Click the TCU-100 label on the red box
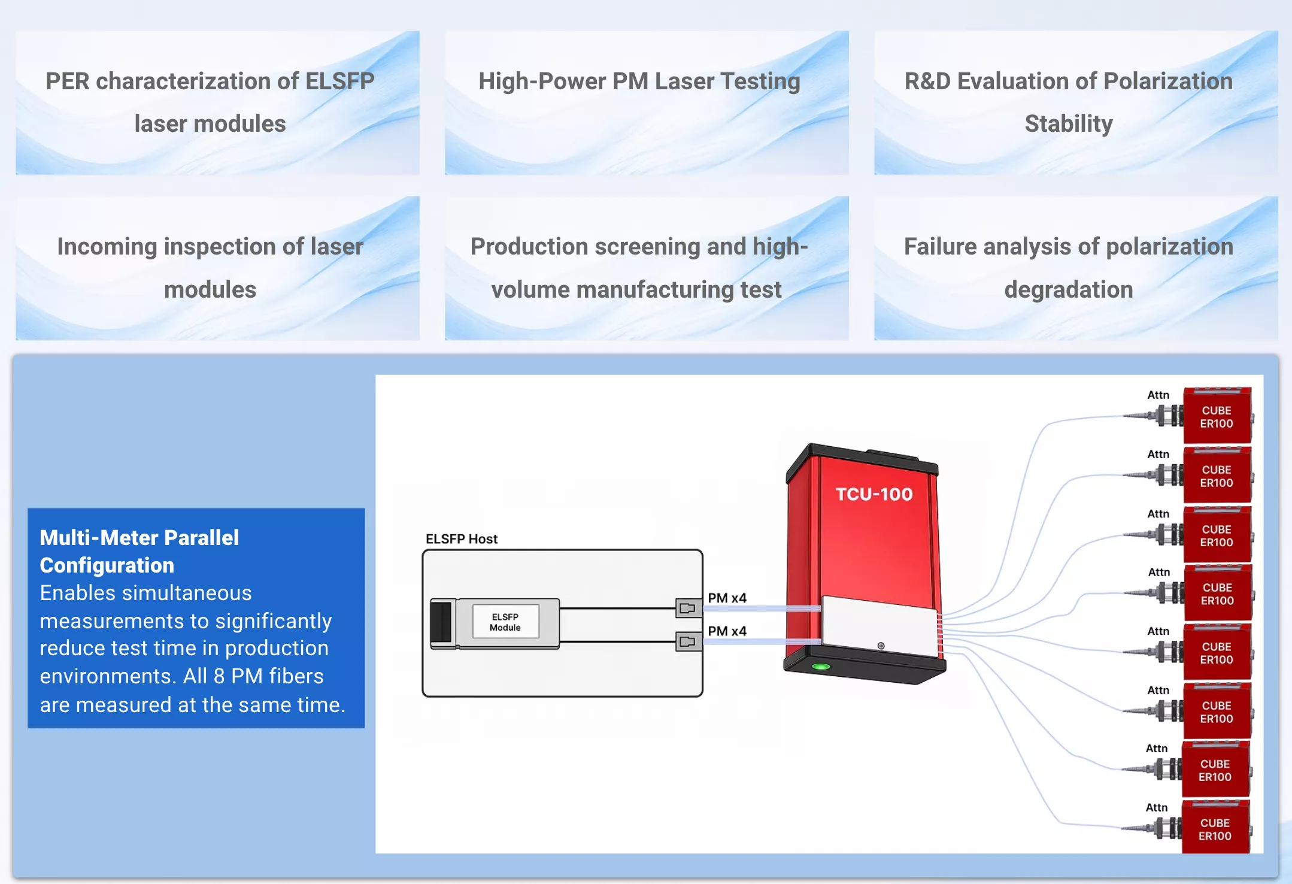(x=874, y=494)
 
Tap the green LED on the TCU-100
(x=821, y=667)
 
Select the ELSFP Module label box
(x=505, y=622)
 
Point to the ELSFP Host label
(x=462, y=539)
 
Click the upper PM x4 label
(x=727, y=598)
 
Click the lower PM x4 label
(x=727, y=631)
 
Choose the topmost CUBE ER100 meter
(x=1217, y=416)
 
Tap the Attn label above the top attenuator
(x=1158, y=395)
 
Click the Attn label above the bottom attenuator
(x=1157, y=808)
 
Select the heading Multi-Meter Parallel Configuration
(x=139, y=551)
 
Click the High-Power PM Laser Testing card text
(x=639, y=81)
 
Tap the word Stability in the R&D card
(x=1069, y=124)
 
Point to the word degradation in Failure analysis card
(x=1069, y=290)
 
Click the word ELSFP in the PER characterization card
(x=339, y=81)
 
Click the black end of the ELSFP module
(x=441, y=623)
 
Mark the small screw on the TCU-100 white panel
(x=881, y=646)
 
